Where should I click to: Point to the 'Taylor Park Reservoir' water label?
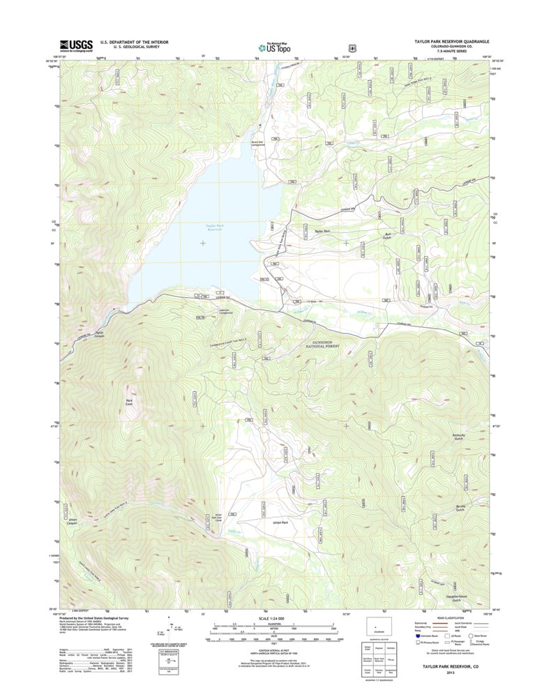pos(213,227)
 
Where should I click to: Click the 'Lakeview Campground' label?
pos(225,312)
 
